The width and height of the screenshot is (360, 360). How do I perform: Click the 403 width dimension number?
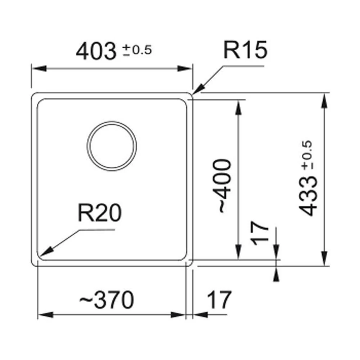pyautogui.click(x=96, y=51)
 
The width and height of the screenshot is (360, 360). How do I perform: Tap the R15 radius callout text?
pyautogui.click(x=246, y=50)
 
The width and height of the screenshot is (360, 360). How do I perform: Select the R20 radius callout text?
pyautogui.click(x=100, y=213)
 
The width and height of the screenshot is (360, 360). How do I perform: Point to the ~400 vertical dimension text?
pyautogui.click(x=222, y=186)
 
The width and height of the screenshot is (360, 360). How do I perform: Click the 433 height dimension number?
pyautogui.click(x=308, y=196)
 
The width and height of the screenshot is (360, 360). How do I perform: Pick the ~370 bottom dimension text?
pyautogui.click(x=107, y=300)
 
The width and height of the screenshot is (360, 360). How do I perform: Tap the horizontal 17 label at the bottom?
pyautogui.click(x=219, y=300)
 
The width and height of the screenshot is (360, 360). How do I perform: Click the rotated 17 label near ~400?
pyautogui.click(x=260, y=233)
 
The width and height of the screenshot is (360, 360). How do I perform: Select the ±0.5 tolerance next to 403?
pyautogui.click(x=137, y=50)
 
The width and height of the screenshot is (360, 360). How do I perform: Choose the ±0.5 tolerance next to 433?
pyautogui.click(x=307, y=155)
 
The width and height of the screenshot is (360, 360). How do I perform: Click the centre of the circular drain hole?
pyautogui.click(x=112, y=146)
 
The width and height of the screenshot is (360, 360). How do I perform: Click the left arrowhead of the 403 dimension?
pyautogui.click(x=39, y=68)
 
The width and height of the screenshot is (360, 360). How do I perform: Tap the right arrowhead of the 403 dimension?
pyautogui.click(x=185, y=68)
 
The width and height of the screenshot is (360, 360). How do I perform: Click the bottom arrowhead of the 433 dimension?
pyautogui.click(x=324, y=258)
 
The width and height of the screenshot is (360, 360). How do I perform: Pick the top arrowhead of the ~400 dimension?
pyautogui.click(x=239, y=107)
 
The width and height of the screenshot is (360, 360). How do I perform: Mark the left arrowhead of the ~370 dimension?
pyautogui.click(x=45, y=315)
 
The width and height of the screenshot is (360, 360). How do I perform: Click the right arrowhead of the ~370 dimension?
pyautogui.click(x=178, y=315)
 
